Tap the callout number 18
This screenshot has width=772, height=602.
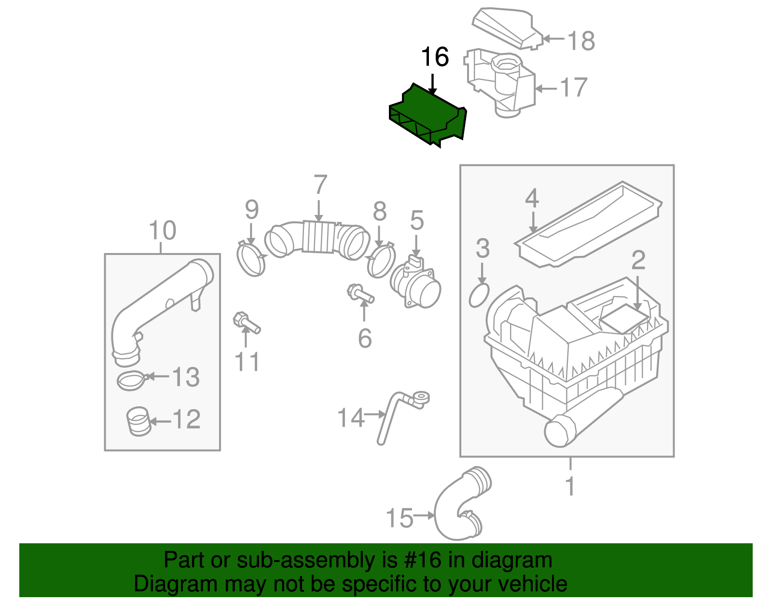click(x=581, y=41)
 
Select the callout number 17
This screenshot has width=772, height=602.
click(x=573, y=88)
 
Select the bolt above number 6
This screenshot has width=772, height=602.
click(x=360, y=294)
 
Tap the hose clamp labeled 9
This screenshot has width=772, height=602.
click(x=251, y=260)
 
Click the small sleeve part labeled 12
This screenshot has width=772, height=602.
click(x=138, y=421)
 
